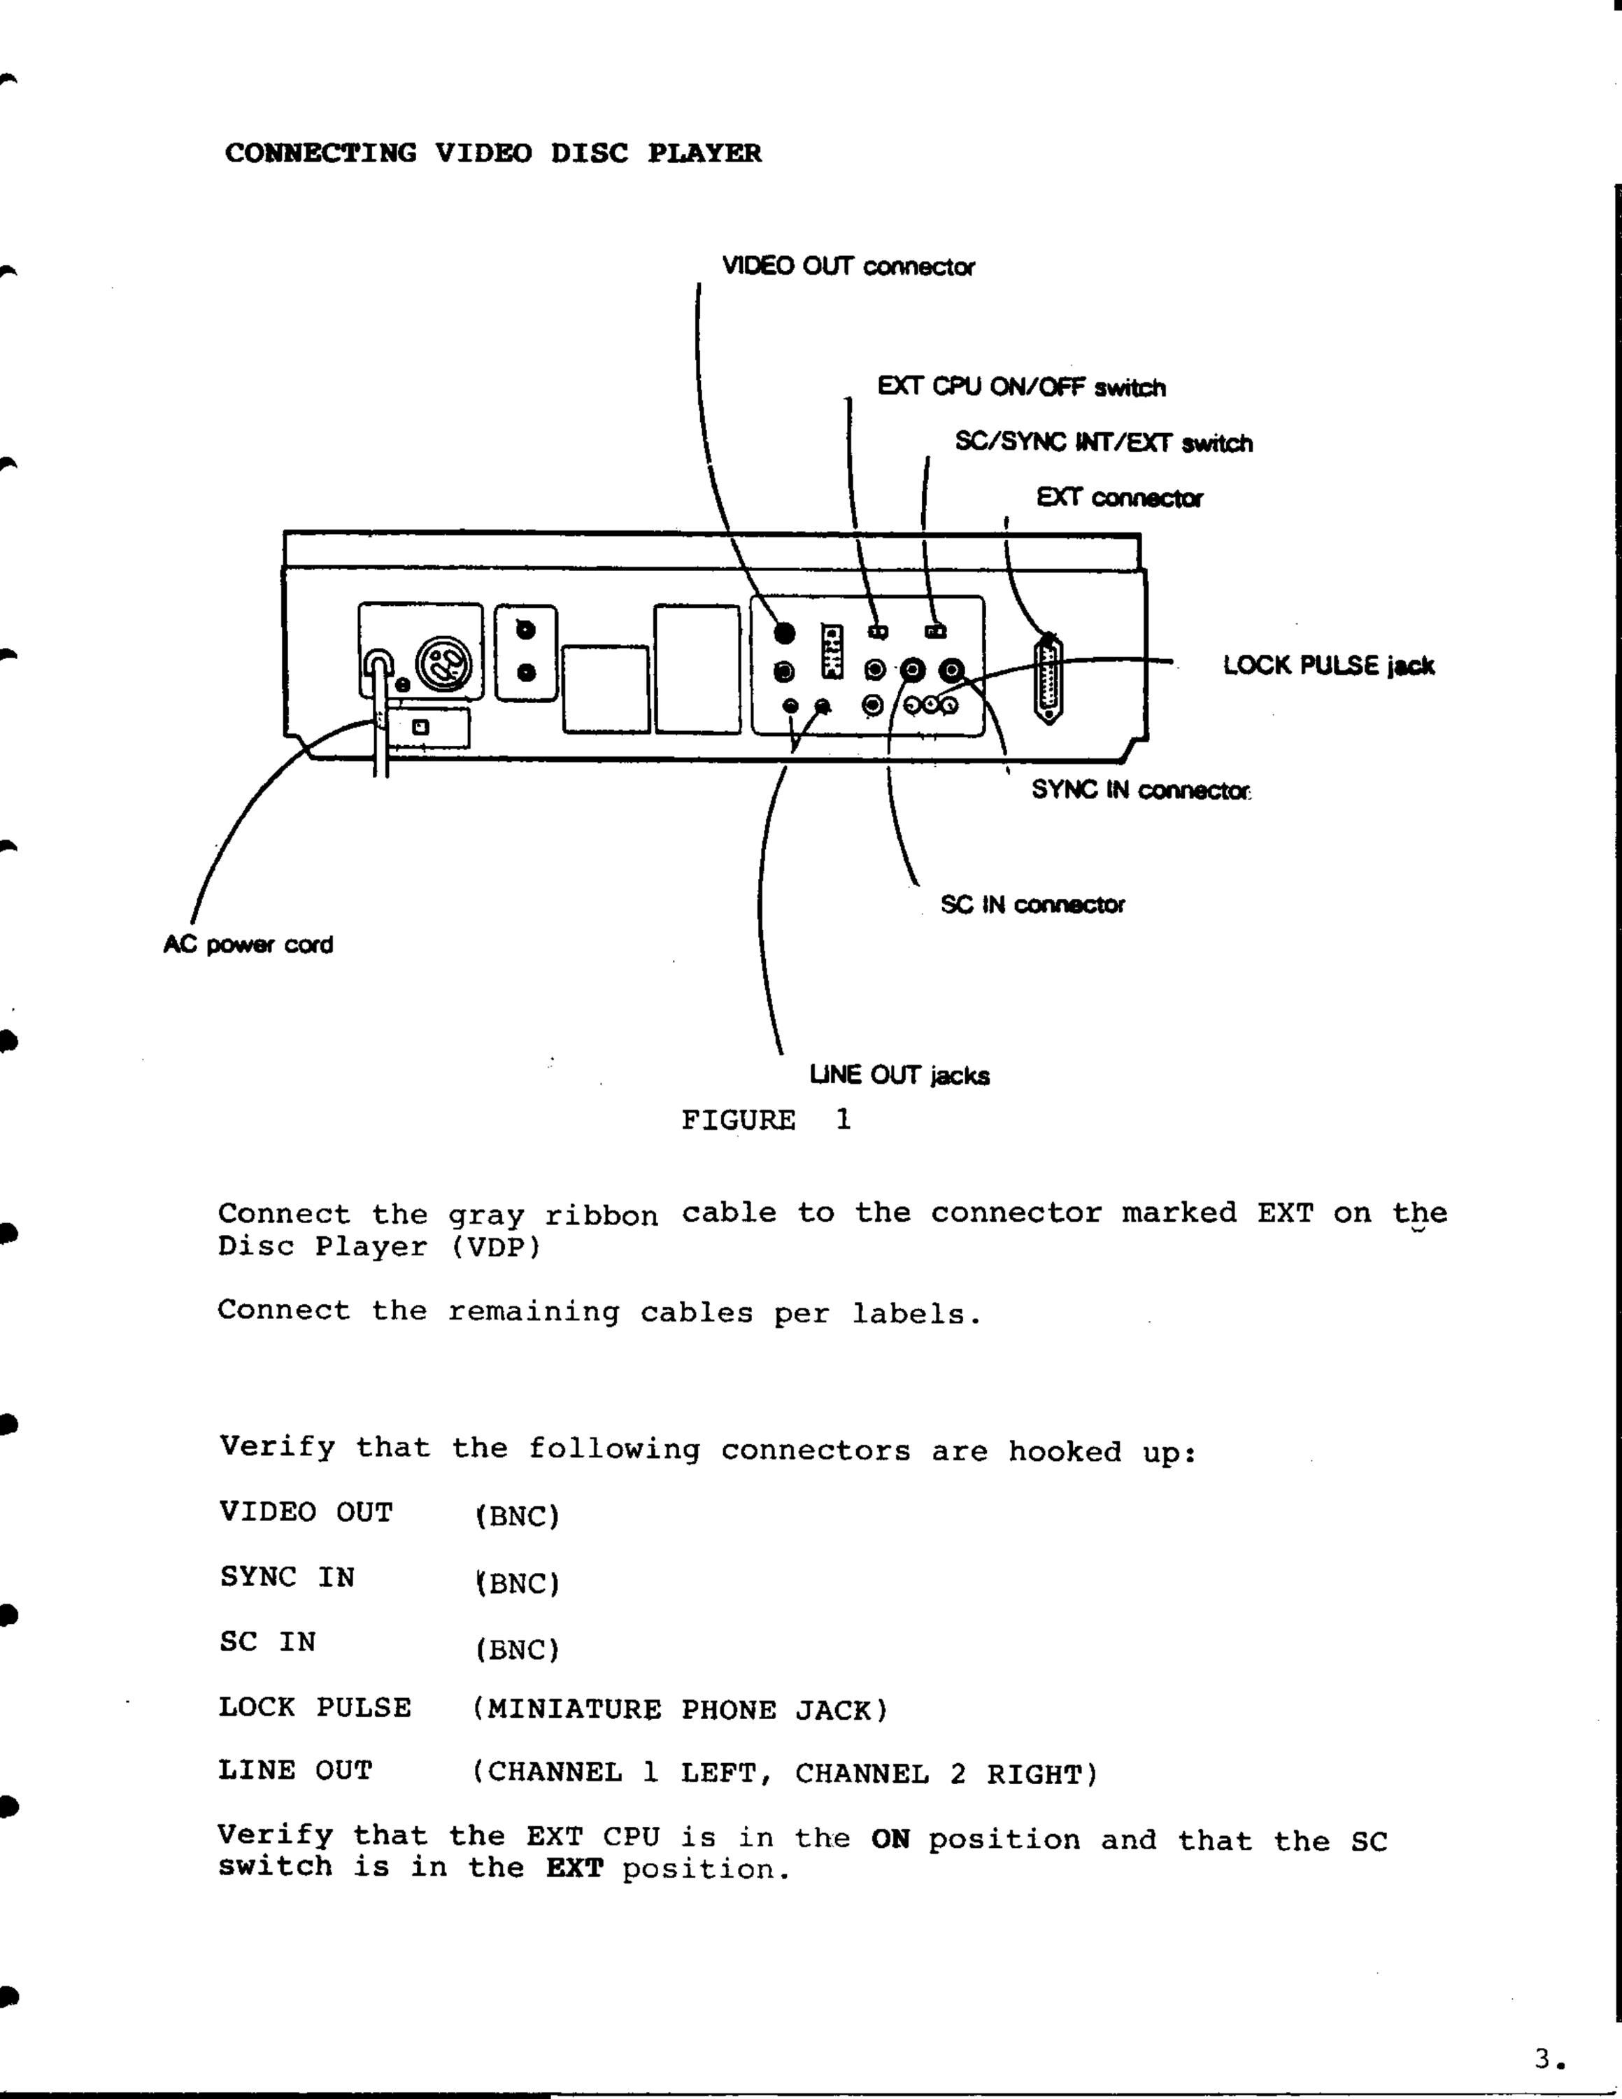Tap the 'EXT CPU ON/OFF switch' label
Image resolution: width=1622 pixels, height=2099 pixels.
coord(1021,388)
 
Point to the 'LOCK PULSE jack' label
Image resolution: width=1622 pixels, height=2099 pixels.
coord(1329,666)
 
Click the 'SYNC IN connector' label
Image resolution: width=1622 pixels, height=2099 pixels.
coord(1141,790)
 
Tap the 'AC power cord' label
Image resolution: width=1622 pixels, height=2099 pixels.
coord(248,945)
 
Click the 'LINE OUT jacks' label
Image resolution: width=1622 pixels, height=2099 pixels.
coord(899,1075)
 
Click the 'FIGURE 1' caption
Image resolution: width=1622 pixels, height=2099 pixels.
coord(766,1119)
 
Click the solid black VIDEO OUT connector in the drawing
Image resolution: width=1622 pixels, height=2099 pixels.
coord(785,632)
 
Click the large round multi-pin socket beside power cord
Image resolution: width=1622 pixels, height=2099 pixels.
coord(444,664)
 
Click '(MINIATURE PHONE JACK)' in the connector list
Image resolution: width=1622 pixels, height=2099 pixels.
coord(681,1710)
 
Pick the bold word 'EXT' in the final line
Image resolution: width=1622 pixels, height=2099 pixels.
coord(575,1870)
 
